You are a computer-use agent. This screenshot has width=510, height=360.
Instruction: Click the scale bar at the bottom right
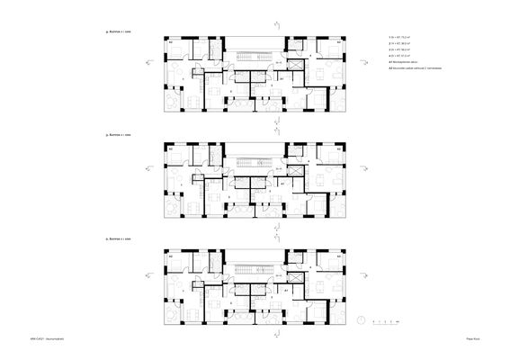(x=387, y=319)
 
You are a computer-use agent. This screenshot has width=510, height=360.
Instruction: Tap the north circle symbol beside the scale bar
(x=361, y=319)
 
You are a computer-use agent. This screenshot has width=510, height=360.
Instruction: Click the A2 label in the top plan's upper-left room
(x=171, y=41)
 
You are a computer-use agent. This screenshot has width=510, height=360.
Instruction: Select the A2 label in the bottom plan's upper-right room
(x=338, y=257)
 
